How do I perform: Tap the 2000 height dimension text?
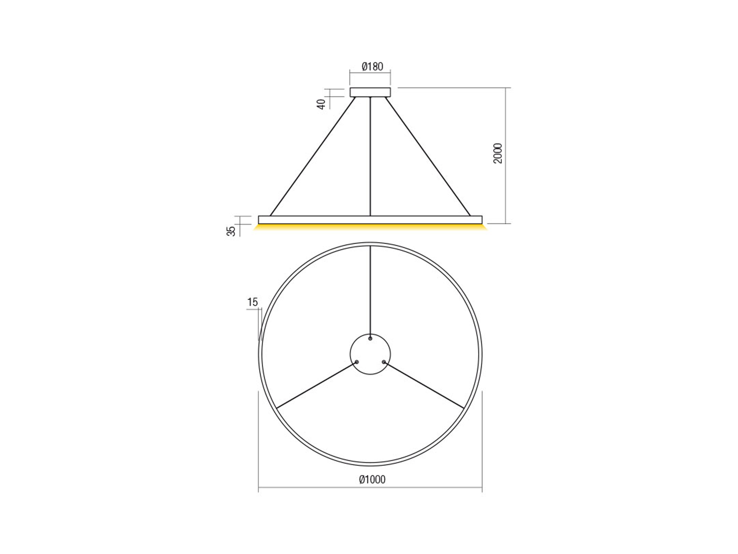[497, 153]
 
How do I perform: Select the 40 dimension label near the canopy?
[321, 104]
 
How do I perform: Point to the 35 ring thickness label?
[231, 231]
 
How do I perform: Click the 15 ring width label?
[252, 302]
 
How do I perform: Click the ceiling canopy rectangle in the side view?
[370, 92]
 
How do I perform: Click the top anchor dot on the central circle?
[370, 338]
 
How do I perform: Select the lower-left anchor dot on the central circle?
[357, 362]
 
